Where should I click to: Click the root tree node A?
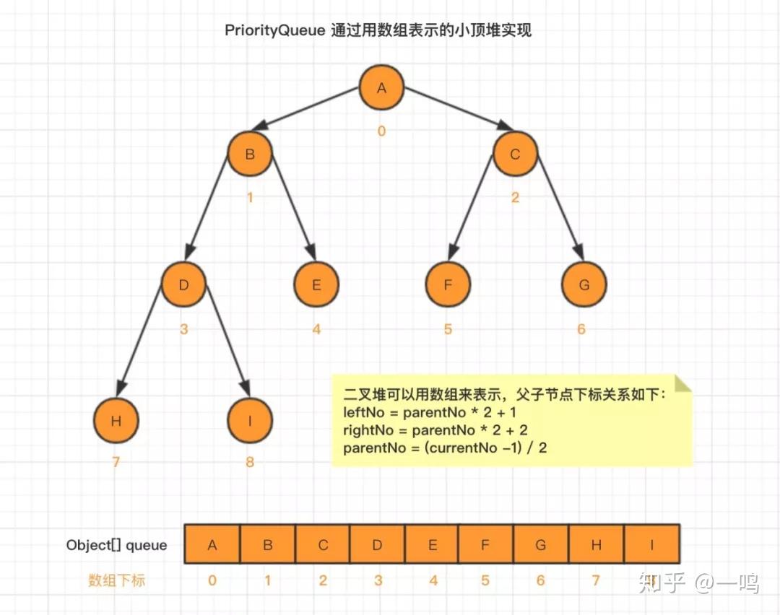pyautogui.click(x=382, y=88)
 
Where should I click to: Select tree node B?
pyautogui.click(x=250, y=154)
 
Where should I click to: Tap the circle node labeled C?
pyautogui.click(x=515, y=154)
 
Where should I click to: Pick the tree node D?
pyautogui.click(x=183, y=284)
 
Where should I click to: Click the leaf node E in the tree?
pyautogui.click(x=316, y=284)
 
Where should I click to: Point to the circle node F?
pyautogui.click(x=448, y=284)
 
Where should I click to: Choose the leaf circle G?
pyautogui.click(x=584, y=284)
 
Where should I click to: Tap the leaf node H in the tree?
pyautogui.click(x=116, y=420)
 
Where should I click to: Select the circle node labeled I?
pyautogui.click(x=250, y=420)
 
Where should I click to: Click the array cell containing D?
pyautogui.click(x=377, y=545)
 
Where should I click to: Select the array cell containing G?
pyautogui.click(x=541, y=545)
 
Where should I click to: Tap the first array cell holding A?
pyautogui.click(x=212, y=545)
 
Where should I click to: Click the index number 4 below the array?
pyautogui.click(x=433, y=580)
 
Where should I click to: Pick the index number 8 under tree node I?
pyautogui.click(x=250, y=461)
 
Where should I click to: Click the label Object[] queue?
pyautogui.click(x=117, y=545)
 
